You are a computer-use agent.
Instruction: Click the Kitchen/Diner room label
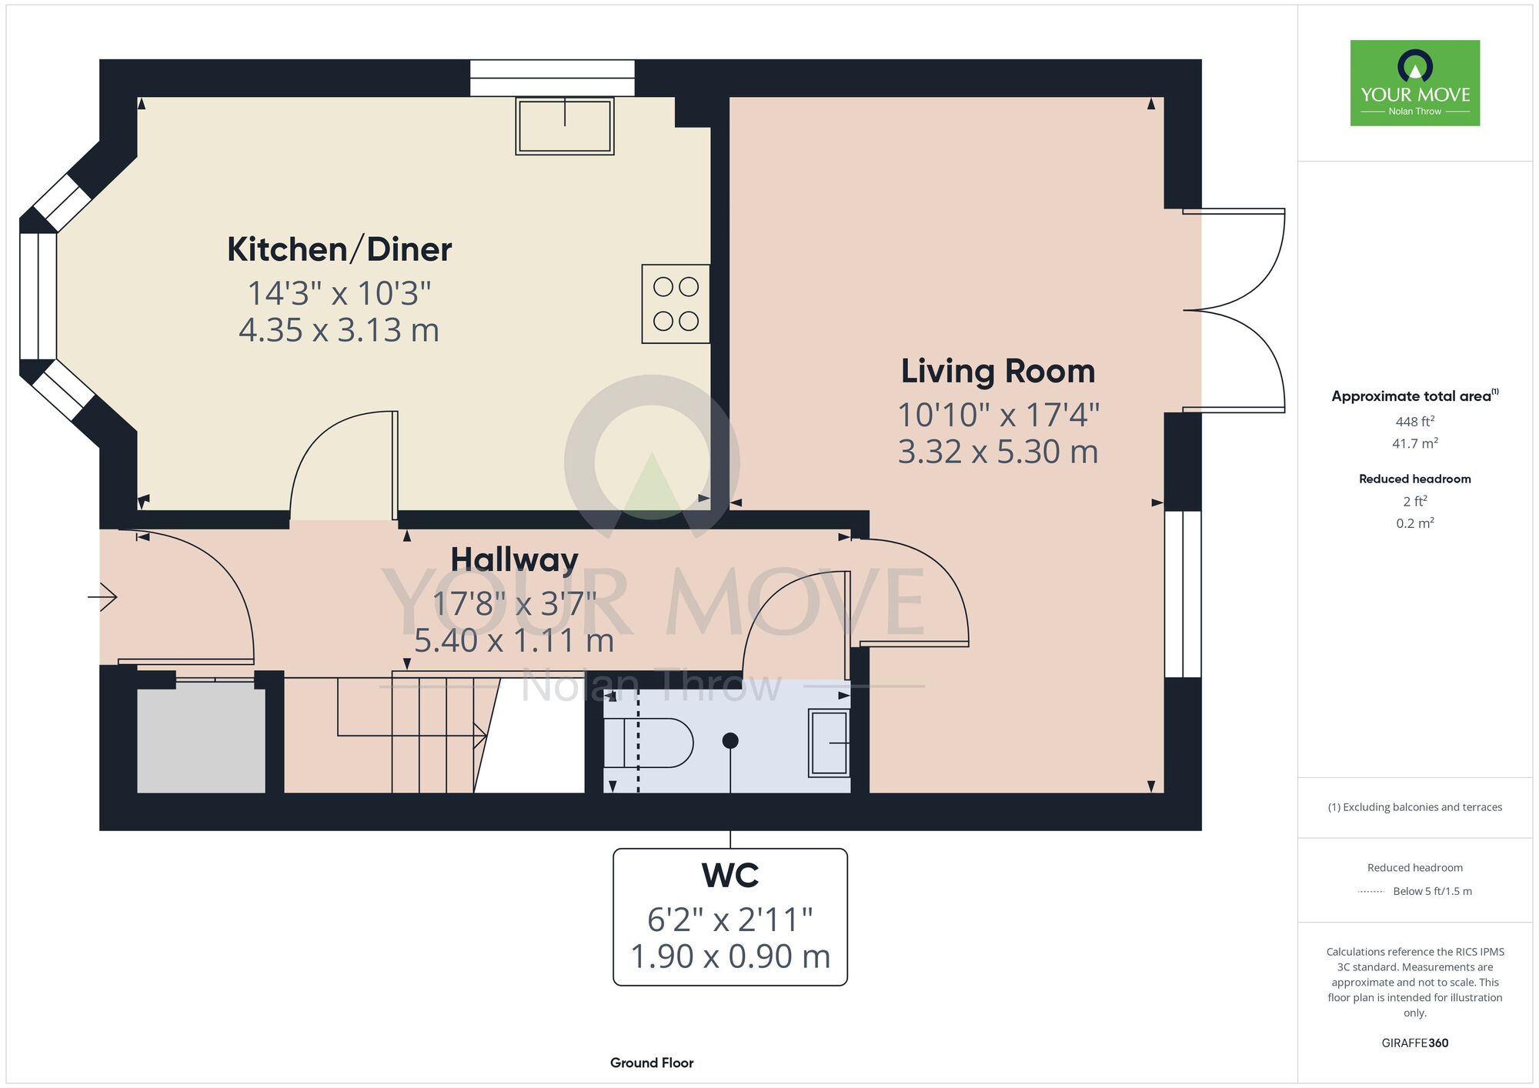(339, 250)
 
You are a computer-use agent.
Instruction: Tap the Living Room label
(998, 372)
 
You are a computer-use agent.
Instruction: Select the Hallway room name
(514, 560)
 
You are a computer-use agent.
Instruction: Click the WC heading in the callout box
(730, 876)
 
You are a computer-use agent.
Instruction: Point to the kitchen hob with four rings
(676, 304)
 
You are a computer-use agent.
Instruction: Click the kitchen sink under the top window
(565, 126)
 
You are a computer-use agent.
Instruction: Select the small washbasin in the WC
(829, 743)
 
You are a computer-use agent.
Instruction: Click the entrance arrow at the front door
(102, 596)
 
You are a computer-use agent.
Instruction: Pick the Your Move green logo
(1415, 83)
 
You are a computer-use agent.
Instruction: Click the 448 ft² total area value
(1415, 422)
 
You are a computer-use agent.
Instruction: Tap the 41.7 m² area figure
(1415, 443)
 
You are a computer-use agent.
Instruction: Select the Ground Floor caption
(652, 1063)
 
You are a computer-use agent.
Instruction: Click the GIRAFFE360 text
(1415, 1043)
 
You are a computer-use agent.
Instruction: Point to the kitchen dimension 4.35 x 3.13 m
(339, 331)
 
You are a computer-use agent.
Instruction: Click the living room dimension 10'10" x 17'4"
(998, 416)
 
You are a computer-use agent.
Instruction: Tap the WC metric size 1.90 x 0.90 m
(730, 956)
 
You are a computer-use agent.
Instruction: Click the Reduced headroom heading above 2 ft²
(1415, 479)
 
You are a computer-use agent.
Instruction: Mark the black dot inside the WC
(730, 740)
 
